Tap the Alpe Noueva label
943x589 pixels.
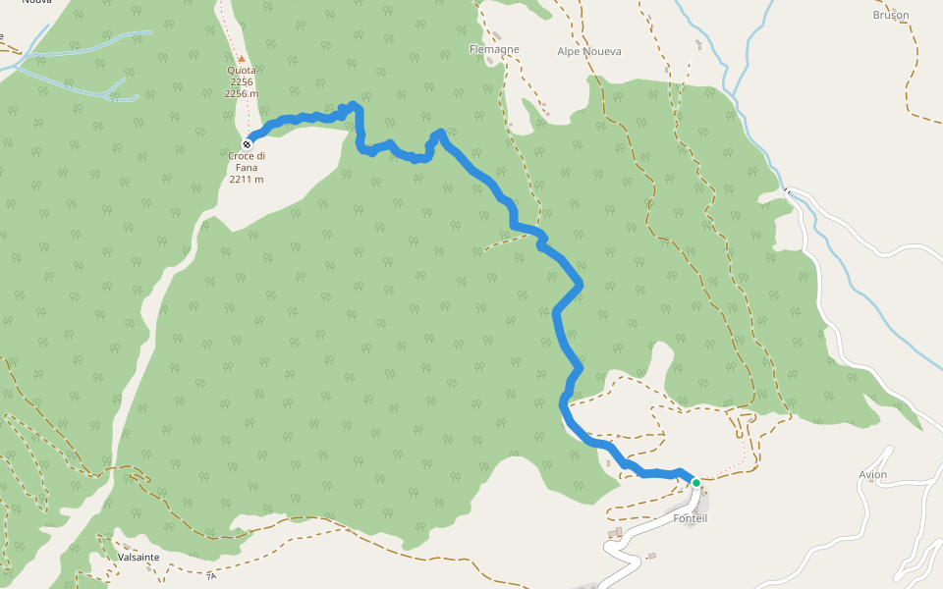pos(589,51)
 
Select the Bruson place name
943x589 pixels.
pos(890,15)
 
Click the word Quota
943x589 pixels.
pos(241,71)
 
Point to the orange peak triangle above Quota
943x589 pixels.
pos(241,59)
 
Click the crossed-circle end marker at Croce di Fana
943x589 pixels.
pos(247,144)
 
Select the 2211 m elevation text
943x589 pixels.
pos(247,180)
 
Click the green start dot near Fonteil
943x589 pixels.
pos(695,483)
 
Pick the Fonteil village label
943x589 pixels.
pos(691,518)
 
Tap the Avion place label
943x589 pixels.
pos(872,475)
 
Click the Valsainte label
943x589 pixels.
pos(139,557)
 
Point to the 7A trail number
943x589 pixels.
pos(210,576)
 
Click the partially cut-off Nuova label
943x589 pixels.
pos(36,3)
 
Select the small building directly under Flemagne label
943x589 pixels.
pos(490,61)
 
